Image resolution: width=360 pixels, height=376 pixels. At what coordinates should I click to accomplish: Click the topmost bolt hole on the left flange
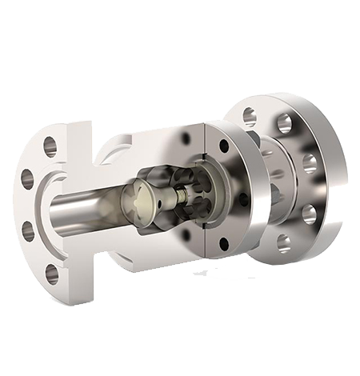click(x=50, y=146)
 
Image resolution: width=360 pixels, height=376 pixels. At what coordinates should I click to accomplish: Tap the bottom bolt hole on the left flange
click(x=52, y=275)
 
